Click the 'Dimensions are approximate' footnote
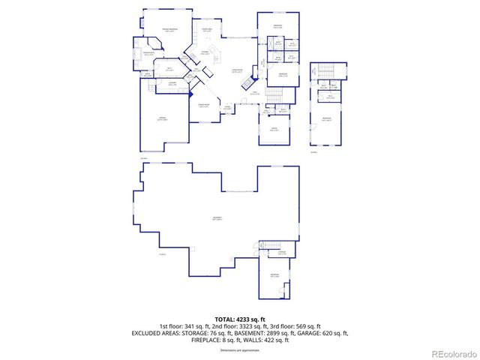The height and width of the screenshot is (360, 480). [x=240, y=350]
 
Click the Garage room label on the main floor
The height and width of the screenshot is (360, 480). [x=162, y=118]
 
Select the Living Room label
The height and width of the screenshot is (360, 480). [x=238, y=71]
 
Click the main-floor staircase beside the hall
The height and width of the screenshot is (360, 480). [x=274, y=94]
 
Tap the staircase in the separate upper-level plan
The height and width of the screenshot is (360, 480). [x=325, y=72]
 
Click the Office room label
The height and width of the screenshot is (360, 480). [x=274, y=130]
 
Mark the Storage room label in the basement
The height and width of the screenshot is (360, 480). [x=281, y=253]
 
